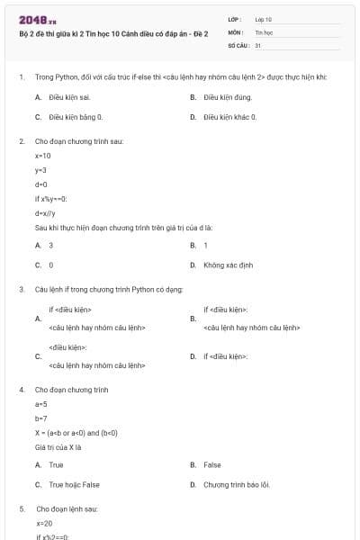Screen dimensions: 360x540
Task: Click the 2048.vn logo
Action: click(38, 20)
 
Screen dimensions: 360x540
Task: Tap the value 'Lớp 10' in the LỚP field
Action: click(264, 19)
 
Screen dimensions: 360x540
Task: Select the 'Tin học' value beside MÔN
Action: click(264, 31)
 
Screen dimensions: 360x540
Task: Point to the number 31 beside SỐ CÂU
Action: click(258, 44)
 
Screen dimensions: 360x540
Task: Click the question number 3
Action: click(22, 289)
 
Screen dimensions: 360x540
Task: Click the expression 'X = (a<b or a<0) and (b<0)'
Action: click(76, 433)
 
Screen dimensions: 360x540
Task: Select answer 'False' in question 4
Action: click(212, 464)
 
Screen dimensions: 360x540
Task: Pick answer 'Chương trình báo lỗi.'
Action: click(236, 484)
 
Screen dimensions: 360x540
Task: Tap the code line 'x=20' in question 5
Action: click(44, 523)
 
